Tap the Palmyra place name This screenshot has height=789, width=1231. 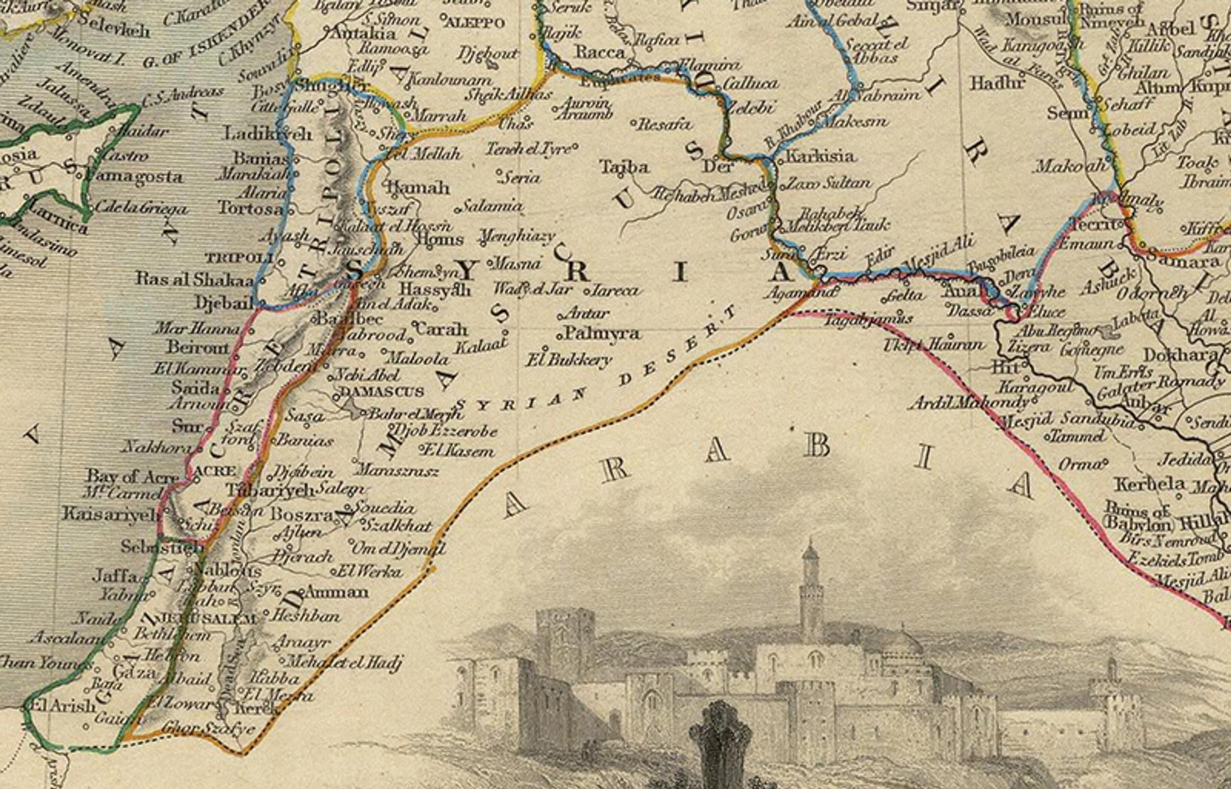pos(603,334)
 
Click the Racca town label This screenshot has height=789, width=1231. pos(601,52)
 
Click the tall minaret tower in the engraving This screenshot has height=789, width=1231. pos(810,589)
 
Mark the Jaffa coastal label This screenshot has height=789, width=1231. pos(115,576)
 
